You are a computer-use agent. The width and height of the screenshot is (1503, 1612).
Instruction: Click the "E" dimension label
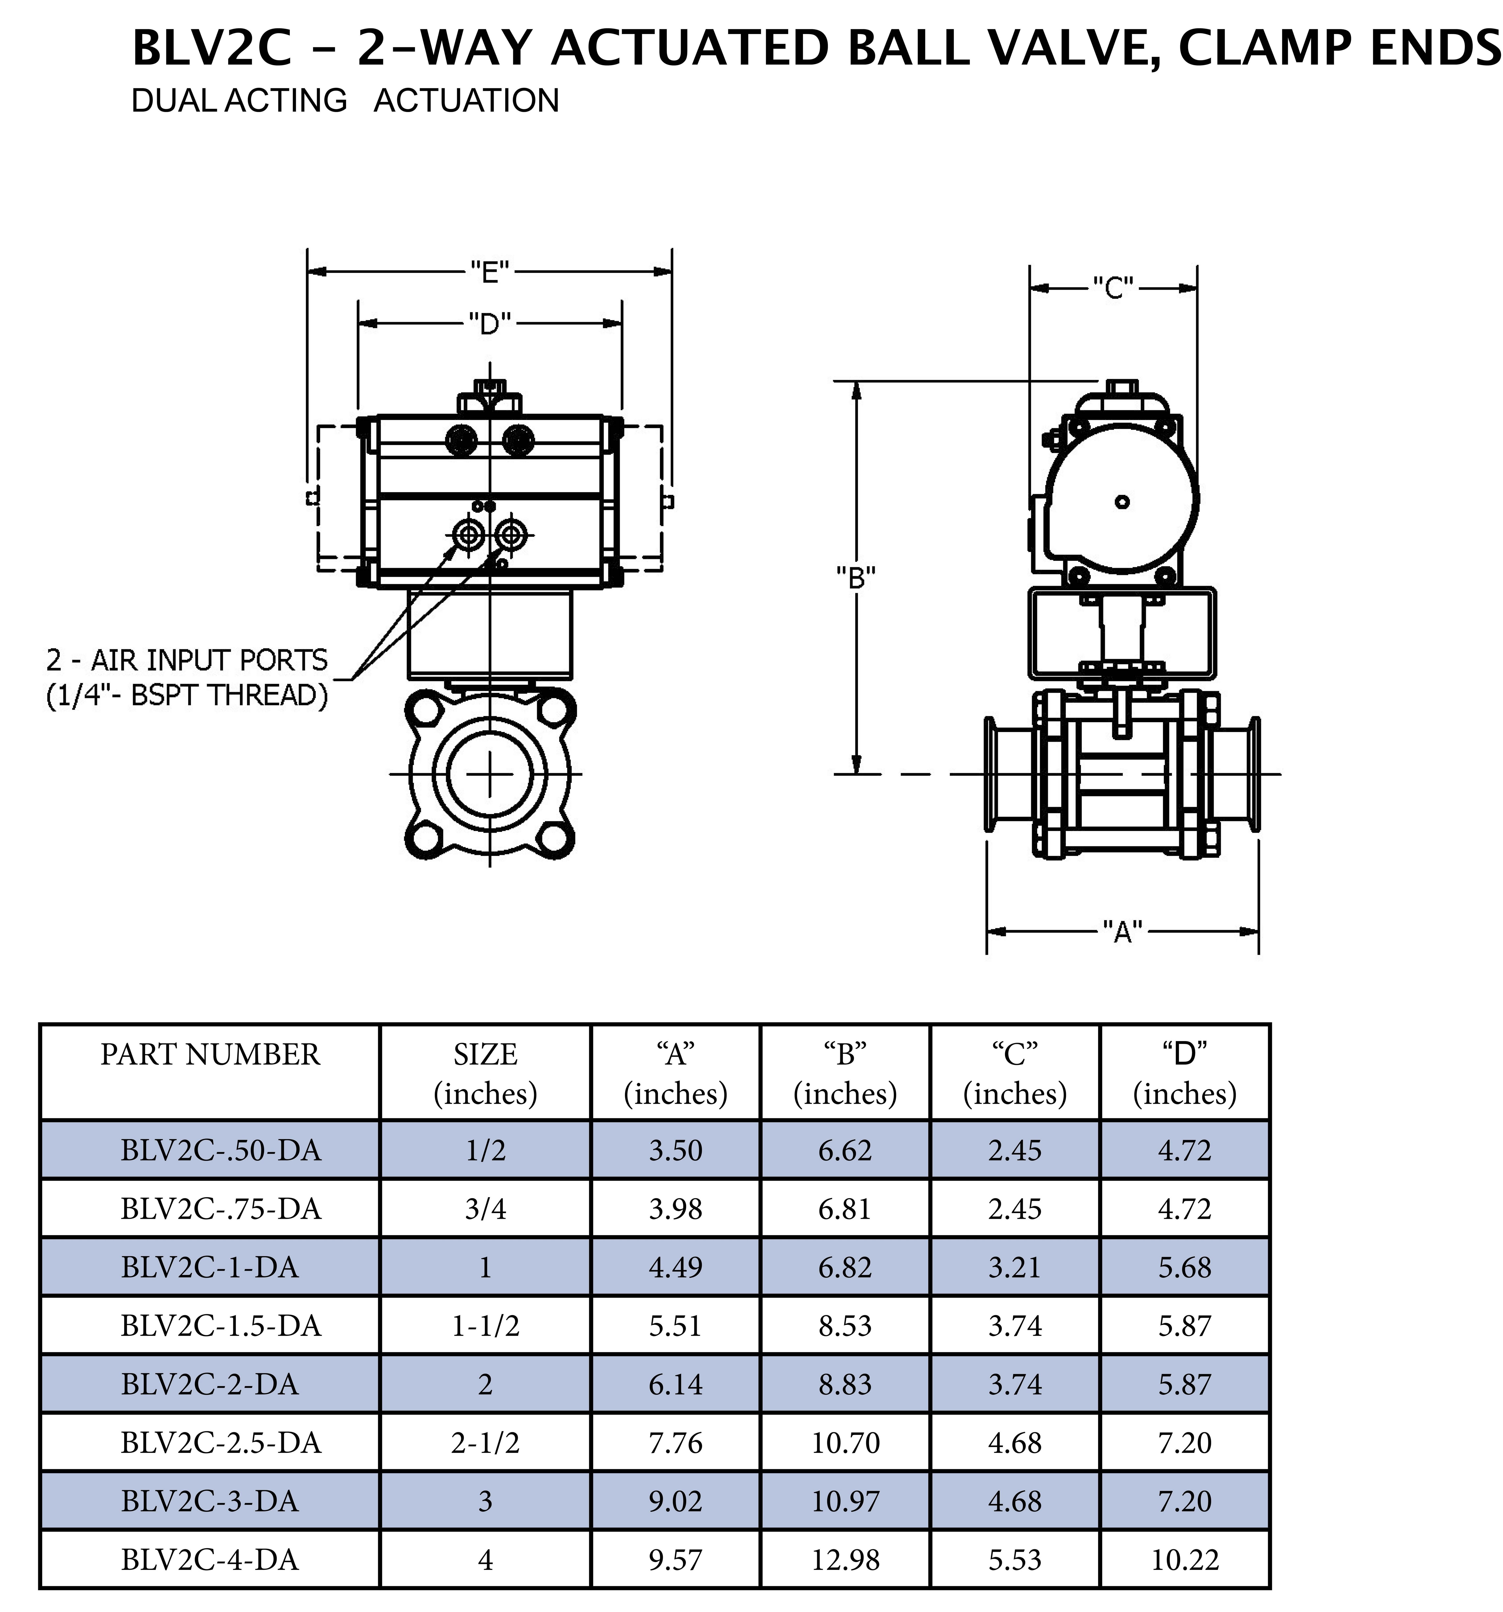[489, 272]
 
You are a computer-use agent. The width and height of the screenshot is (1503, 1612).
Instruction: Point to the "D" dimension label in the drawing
[489, 324]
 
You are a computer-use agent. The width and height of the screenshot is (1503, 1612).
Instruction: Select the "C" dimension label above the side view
[1113, 287]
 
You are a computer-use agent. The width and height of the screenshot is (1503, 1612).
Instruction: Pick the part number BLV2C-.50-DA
[221, 1150]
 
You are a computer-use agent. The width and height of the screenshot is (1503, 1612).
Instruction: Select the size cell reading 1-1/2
[485, 1326]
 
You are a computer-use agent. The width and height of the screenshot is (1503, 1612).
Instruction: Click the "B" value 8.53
[845, 1326]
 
